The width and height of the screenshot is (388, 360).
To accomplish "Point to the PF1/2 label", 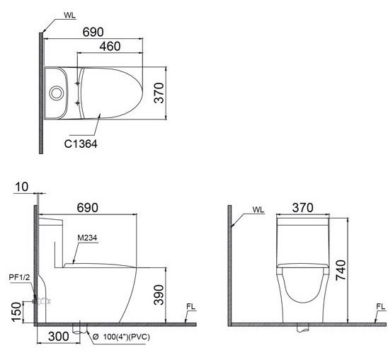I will tap(18, 278).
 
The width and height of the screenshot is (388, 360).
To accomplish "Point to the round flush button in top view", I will tap(55, 92).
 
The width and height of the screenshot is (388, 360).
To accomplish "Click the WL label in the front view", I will tap(258, 210).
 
